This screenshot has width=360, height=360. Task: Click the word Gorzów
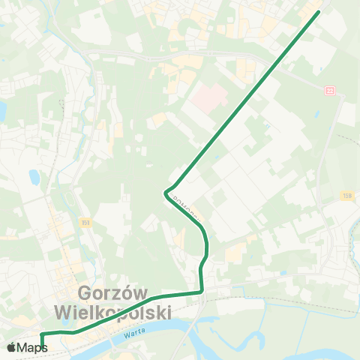113,292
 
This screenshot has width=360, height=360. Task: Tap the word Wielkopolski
113,310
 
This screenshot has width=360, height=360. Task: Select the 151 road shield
86,222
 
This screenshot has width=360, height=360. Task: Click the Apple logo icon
12,347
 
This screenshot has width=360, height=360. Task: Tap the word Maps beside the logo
32,347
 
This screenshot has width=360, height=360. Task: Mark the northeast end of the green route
318,12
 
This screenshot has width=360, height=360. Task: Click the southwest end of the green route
42,349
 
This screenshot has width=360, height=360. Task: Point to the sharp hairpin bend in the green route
165,193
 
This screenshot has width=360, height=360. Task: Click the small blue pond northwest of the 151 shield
34,178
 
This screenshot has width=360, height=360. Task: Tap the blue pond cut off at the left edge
2,111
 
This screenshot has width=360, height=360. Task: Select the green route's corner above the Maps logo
42,332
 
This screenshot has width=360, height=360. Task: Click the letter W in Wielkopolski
65,310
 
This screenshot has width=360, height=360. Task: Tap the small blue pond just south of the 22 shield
318,114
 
